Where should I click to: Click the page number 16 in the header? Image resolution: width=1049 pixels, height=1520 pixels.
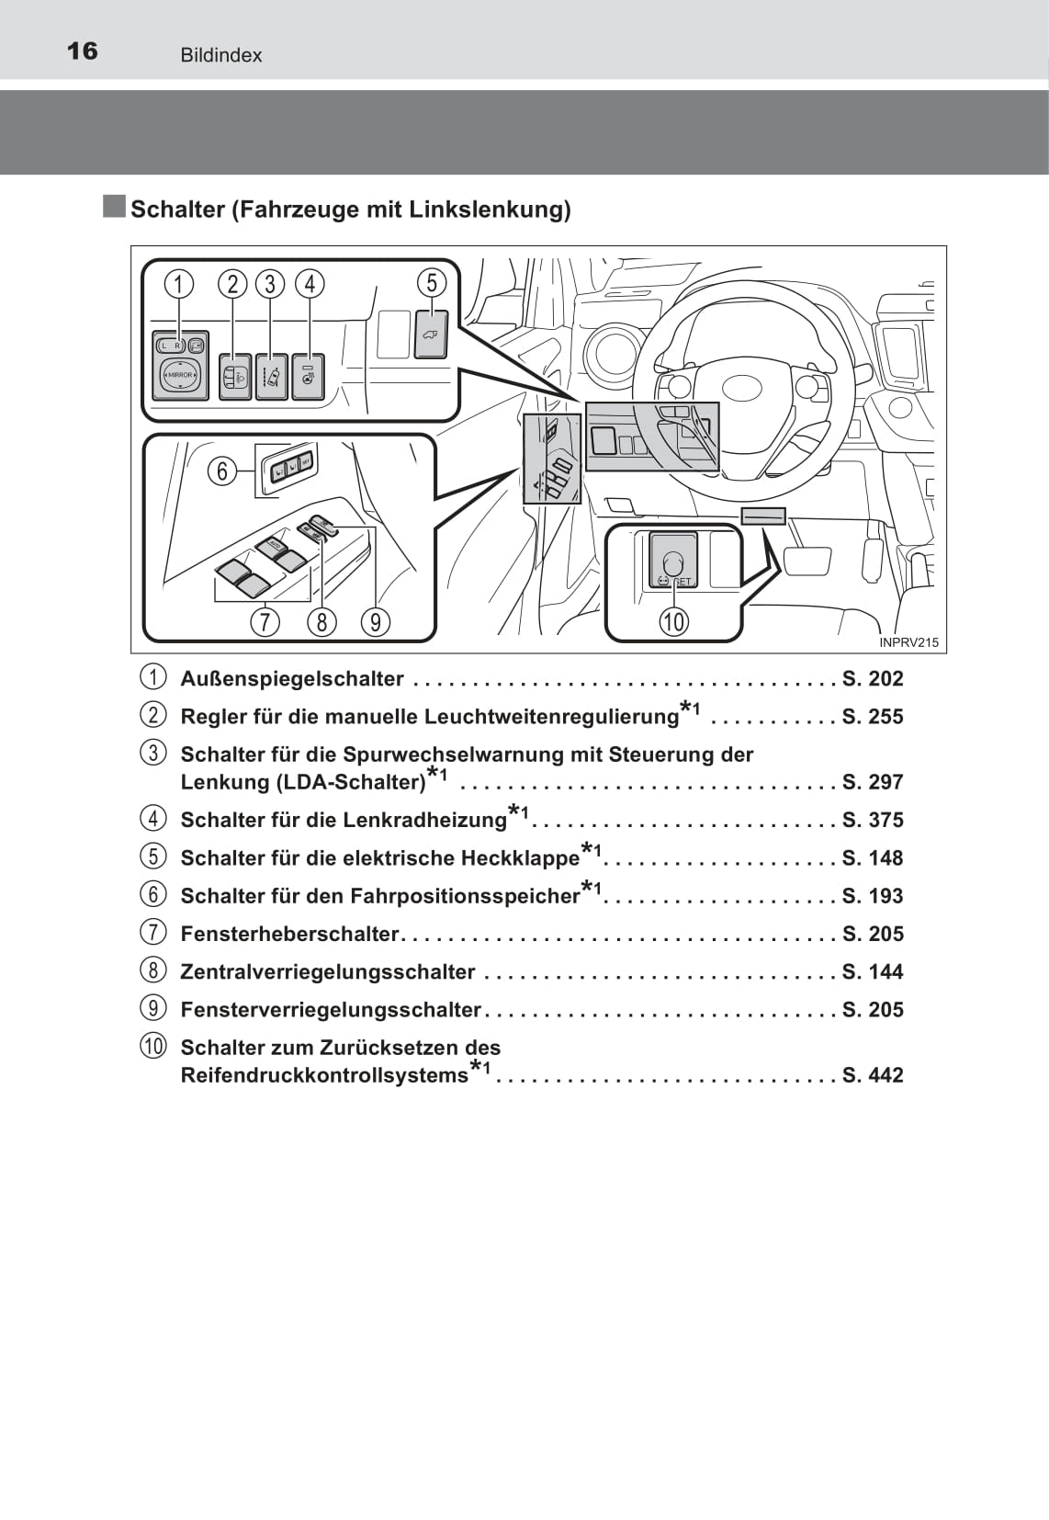82,51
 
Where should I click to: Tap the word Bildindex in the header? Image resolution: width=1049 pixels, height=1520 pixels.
221,55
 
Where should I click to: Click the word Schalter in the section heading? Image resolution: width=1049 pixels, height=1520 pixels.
177,209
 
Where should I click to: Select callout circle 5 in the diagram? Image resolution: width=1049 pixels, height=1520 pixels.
432,283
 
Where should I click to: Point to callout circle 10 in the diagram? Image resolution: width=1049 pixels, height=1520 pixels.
674,621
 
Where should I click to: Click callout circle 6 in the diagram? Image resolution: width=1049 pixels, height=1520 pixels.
221,471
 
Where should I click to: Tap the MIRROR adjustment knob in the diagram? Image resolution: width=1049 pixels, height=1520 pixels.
180,375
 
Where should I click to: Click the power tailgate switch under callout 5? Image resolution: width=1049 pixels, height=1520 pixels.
432,334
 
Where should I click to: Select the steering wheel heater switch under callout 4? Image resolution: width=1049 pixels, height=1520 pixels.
309,377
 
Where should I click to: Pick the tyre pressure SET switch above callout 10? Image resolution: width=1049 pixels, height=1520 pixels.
673,561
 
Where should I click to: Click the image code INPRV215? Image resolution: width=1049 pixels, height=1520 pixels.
908,642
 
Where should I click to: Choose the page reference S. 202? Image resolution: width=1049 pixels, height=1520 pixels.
873,678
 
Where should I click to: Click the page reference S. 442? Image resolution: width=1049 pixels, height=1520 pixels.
873,1075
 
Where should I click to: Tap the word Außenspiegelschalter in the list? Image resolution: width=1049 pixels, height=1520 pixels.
292,678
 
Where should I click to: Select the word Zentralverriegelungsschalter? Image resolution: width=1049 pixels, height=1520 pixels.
328,971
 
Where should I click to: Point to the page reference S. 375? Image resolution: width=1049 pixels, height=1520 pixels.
873,820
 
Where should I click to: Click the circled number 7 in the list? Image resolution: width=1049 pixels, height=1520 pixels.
153,933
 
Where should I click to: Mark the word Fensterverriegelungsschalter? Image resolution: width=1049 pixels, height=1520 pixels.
331,1010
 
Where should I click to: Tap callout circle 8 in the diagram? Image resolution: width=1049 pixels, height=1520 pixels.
321,621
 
